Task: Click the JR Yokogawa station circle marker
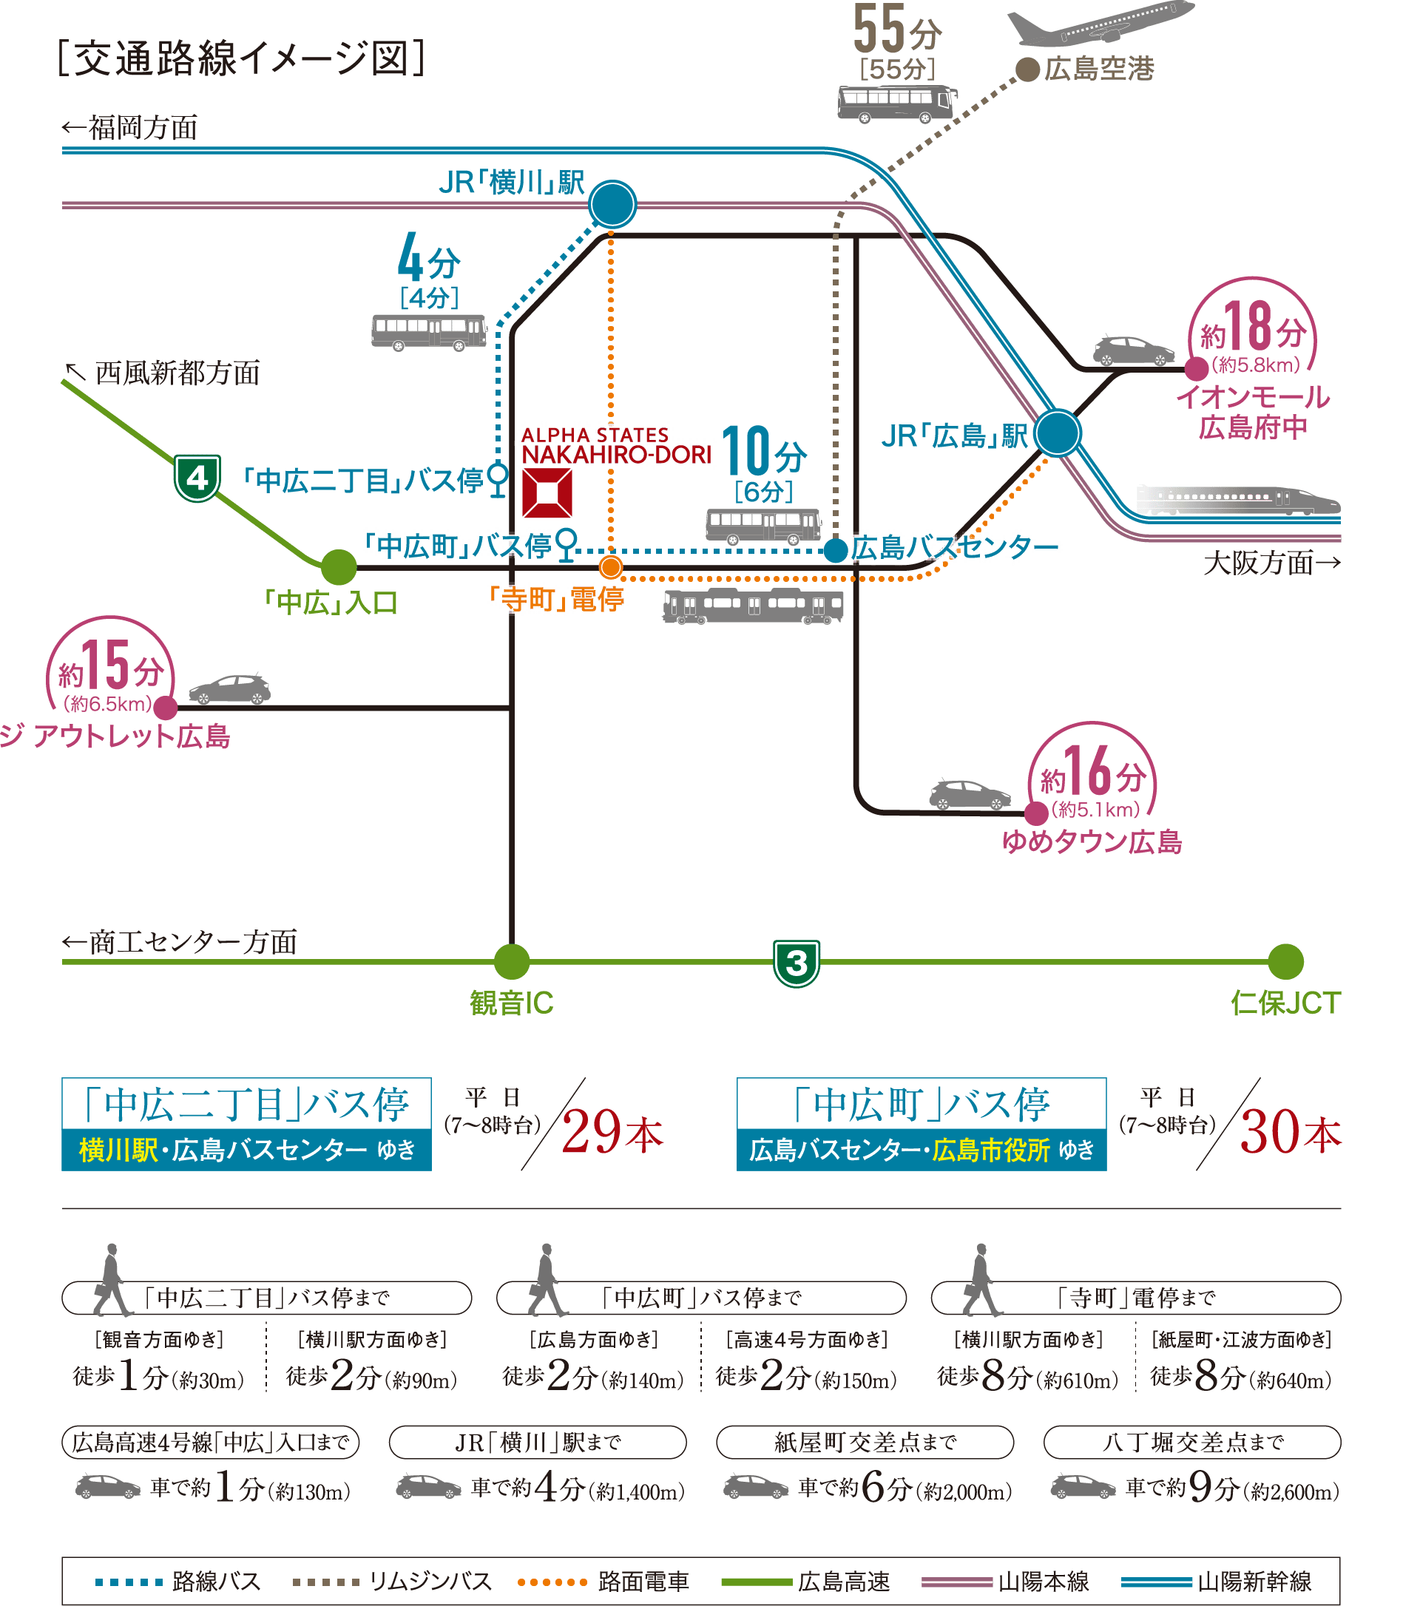(x=612, y=204)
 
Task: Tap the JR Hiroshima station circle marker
(x=1057, y=433)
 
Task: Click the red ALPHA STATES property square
(x=547, y=493)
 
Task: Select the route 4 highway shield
(x=197, y=477)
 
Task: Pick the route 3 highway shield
(x=796, y=963)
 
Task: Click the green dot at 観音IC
(x=512, y=962)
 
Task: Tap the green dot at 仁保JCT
(x=1285, y=962)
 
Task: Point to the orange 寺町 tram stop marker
(x=611, y=566)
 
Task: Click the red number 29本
(x=612, y=1132)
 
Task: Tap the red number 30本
(x=1290, y=1132)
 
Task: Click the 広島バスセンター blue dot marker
(x=835, y=550)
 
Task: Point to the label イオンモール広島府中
(x=1253, y=413)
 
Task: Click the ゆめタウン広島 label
(x=1092, y=841)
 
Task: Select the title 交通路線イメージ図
(x=242, y=59)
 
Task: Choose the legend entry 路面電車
(x=643, y=1581)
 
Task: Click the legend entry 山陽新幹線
(x=1254, y=1581)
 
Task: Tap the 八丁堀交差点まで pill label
(x=1191, y=1442)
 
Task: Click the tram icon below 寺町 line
(x=753, y=606)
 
